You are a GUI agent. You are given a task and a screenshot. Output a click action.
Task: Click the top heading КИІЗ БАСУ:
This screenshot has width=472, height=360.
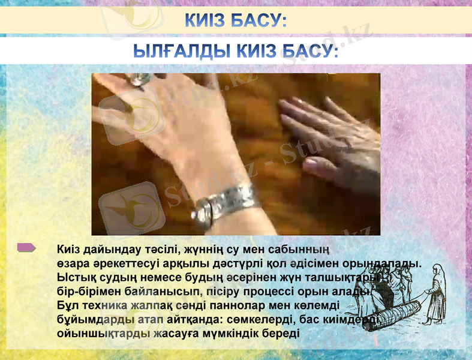pyautogui.click(x=235, y=21)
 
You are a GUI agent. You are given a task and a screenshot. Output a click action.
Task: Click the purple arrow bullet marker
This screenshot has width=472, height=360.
pyautogui.click(x=26, y=247)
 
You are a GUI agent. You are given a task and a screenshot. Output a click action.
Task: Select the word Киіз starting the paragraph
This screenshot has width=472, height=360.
pyautogui.click(x=70, y=249)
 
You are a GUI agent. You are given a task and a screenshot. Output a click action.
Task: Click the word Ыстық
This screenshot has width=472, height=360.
pyautogui.click(x=75, y=278)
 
